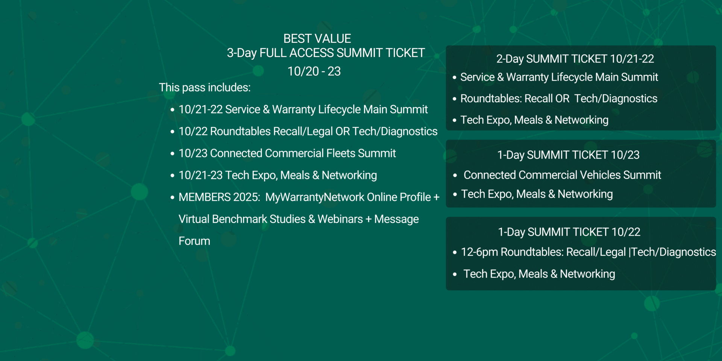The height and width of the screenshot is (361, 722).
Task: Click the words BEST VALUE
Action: click(x=317, y=39)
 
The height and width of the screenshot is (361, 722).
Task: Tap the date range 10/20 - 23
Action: click(x=314, y=71)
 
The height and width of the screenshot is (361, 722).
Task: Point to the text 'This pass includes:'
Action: click(x=205, y=88)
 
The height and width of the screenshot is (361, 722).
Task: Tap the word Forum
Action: click(x=194, y=241)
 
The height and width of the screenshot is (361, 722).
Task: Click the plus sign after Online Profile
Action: click(x=436, y=197)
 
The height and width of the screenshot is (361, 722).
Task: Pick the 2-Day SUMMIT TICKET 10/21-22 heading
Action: click(x=575, y=59)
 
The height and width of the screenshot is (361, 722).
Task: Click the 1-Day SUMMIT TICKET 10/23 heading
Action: click(x=568, y=155)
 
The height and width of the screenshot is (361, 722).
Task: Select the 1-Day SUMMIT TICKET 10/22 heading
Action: click(x=569, y=232)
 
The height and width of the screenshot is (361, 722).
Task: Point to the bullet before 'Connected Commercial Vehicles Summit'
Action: click(x=455, y=175)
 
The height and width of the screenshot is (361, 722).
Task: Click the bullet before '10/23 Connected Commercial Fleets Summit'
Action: click(x=172, y=154)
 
